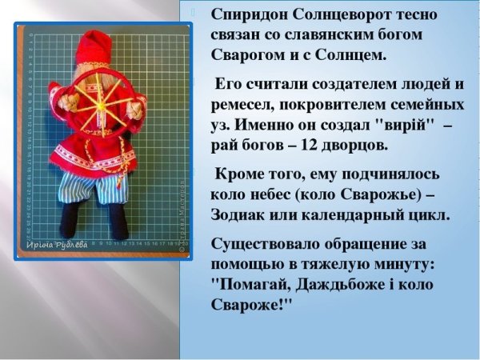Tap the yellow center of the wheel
click(x=102, y=103)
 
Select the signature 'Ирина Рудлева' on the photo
click(x=59, y=244)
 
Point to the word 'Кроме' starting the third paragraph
click(x=239, y=174)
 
